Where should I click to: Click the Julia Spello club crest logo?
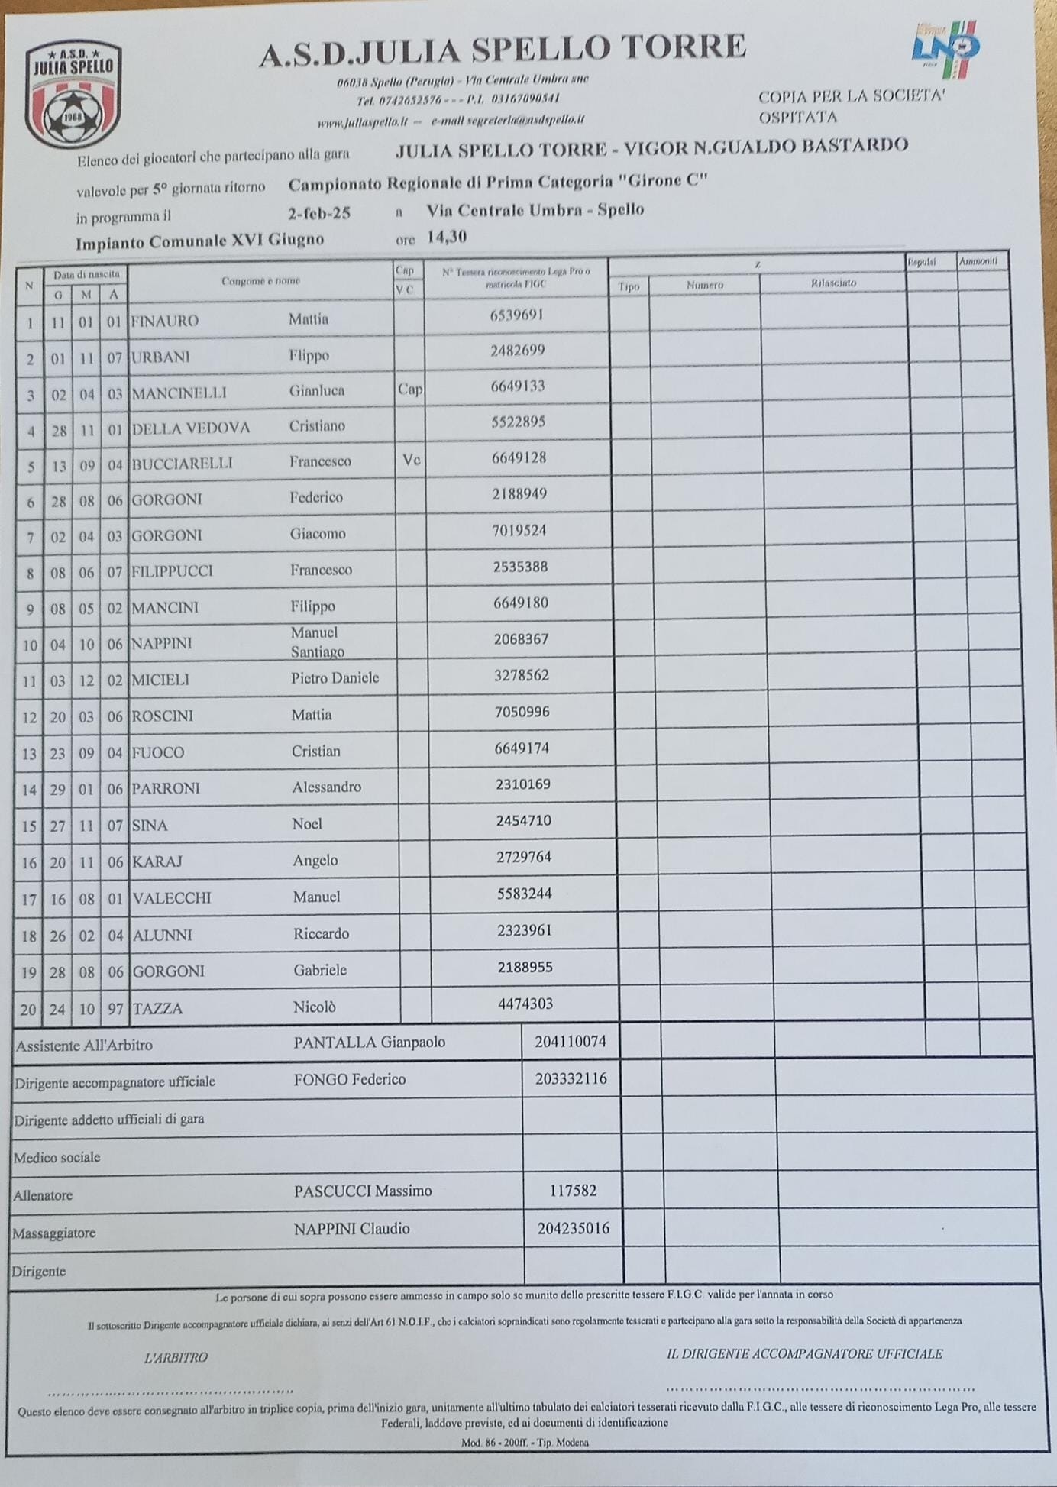point(73,94)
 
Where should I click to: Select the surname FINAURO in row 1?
point(165,322)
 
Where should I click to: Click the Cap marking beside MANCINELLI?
point(409,390)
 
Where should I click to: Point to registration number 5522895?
point(519,422)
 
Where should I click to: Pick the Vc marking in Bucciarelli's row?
point(411,460)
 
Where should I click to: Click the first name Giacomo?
point(318,533)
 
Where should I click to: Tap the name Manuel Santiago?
point(317,642)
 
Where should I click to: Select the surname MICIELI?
point(160,680)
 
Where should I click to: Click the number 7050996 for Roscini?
point(522,712)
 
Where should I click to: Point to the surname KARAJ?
point(157,861)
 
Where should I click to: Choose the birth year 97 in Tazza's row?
point(115,1009)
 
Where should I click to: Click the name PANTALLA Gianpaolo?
point(369,1043)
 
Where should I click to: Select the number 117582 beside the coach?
point(573,1191)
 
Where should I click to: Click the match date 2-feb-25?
point(319,213)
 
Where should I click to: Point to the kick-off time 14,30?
point(447,237)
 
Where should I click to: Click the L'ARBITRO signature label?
point(176,1357)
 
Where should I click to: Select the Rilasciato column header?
point(833,283)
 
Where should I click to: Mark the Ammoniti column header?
point(978,261)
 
